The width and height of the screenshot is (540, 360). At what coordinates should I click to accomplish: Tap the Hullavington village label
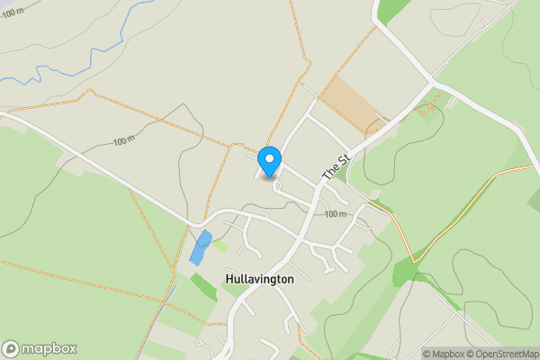tap(259, 279)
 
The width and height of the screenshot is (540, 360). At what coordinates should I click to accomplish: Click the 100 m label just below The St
tap(335, 214)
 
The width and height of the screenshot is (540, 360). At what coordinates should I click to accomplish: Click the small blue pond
tap(200, 247)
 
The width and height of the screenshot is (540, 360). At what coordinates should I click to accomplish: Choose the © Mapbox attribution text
tap(444, 354)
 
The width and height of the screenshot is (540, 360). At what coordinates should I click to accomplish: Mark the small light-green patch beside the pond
tap(220, 245)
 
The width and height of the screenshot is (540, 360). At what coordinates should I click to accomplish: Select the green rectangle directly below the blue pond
tap(203, 287)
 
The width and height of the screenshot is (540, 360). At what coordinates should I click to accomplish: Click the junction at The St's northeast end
tap(430, 85)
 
